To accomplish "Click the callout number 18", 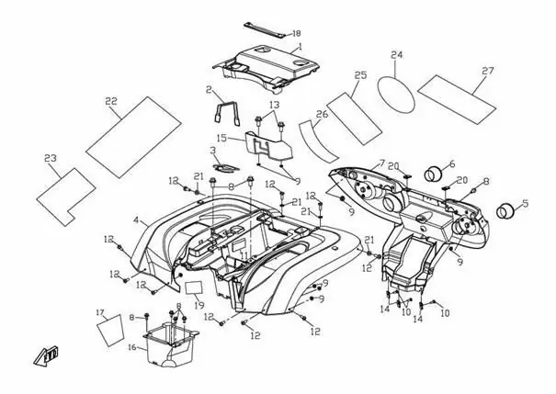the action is (x=296, y=33).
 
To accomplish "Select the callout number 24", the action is (x=397, y=55).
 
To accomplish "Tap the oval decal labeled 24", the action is (x=396, y=95).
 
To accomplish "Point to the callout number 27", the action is (x=488, y=71).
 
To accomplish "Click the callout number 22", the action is (x=111, y=101).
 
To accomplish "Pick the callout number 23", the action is (x=51, y=158).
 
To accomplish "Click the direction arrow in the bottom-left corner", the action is (x=46, y=355).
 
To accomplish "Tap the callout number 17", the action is (x=100, y=312).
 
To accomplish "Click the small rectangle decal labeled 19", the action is (x=194, y=287).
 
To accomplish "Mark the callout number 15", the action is (x=221, y=138).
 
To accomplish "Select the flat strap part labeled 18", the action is (x=266, y=29).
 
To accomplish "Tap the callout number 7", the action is (x=381, y=163).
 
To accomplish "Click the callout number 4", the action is (x=136, y=220).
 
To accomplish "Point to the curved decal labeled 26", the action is (x=318, y=142).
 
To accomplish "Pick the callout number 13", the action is (x=275, y=105).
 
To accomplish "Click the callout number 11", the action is (x=244, y=255).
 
